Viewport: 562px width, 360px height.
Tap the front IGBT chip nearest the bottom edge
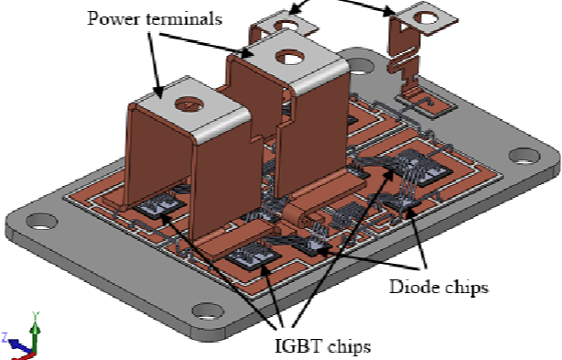250,260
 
